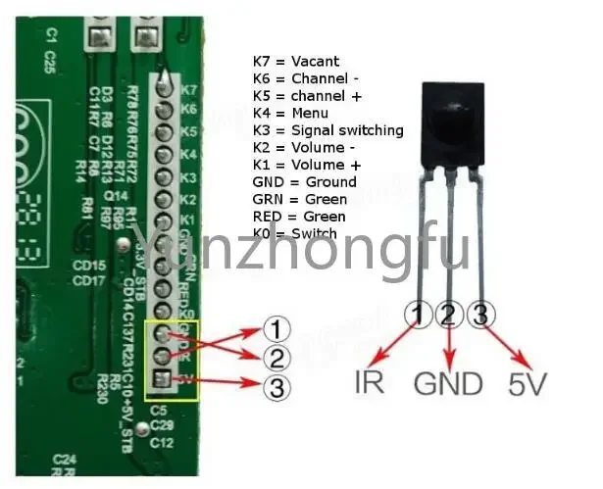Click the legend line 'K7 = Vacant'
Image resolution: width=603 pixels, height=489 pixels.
[x=295, y=61]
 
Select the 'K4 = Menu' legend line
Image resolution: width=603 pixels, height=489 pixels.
[x=289, y=113]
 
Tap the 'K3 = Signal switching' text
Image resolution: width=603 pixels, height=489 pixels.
[x=327, y=130]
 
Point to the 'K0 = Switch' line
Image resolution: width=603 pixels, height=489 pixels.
[x=294, y=233]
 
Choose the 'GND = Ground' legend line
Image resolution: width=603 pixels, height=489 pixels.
[x=304, y=182]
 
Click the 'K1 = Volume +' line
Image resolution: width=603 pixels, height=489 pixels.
[x=306, y=165]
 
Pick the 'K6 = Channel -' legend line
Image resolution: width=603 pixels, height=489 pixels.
[x=305, y=78]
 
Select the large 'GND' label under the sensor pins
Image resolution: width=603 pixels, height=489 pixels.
[x=448, y=381]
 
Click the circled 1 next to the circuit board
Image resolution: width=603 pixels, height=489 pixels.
[x=279, y=328]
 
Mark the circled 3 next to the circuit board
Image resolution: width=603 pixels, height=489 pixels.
[x=279, y=388]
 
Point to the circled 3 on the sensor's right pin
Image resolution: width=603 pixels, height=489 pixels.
[x=479, y=316]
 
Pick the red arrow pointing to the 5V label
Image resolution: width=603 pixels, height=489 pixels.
[x=501, y=344]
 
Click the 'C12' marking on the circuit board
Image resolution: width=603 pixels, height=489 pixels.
[x=164, y=442]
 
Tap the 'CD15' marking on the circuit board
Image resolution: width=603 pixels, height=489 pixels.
[x=89, y=267]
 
